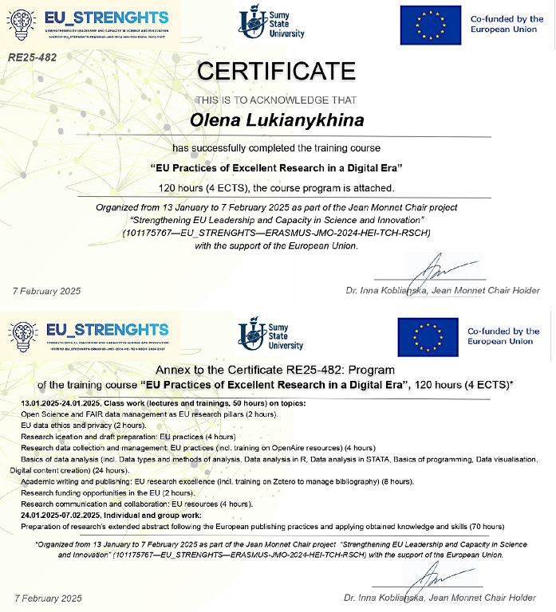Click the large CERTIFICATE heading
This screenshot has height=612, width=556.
pos(276,70)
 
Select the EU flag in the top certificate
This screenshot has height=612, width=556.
pos(430,25)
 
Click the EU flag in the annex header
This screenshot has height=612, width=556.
pos(428,337)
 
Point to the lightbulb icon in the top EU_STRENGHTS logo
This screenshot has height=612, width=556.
pos(22,24)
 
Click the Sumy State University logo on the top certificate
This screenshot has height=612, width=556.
pos(272,23)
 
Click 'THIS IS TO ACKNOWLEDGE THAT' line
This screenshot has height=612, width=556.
pos(276,100)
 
